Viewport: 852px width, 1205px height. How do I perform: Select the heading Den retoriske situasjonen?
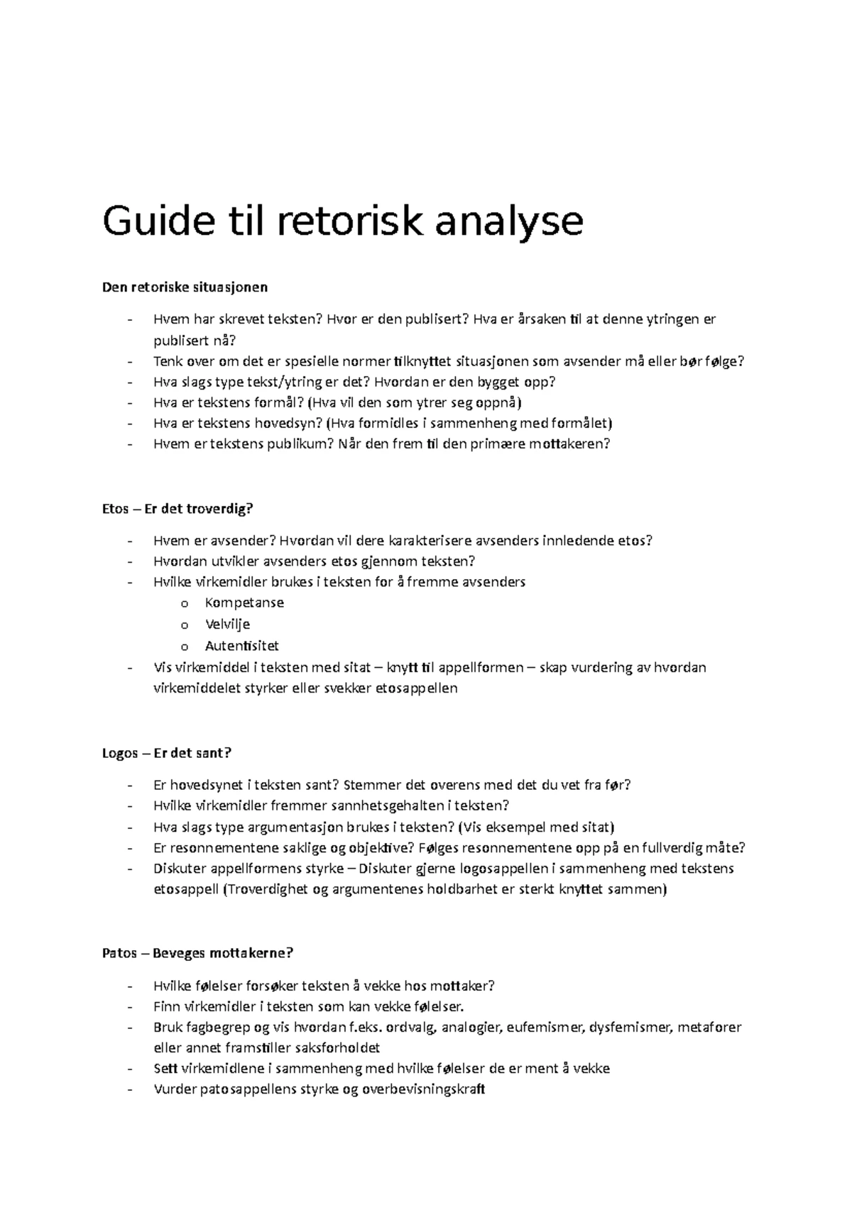pos(185,287)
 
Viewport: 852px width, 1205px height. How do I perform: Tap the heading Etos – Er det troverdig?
pos(177,509)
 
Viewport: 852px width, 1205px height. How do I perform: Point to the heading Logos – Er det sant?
pos(167,753)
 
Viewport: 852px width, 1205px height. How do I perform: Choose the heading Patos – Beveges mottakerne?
pos(197,953)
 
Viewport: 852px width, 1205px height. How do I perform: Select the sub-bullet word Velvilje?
pos(227,624)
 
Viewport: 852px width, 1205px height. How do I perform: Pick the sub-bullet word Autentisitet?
pos(241,646)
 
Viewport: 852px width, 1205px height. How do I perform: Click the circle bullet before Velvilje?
pos(185,625)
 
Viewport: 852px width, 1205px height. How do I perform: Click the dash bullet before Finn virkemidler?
pos(129,1006)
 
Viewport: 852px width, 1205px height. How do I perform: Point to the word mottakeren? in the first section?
pos(569,444)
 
